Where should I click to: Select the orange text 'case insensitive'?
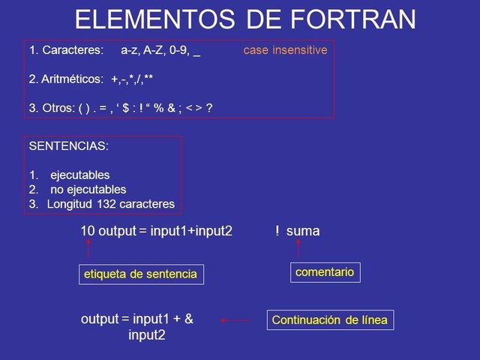(285, 50)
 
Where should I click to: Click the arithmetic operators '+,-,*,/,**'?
(132, 79)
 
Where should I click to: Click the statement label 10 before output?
(87, 231)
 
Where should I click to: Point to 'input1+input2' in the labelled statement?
(191, 231)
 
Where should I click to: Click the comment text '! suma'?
(297, 231)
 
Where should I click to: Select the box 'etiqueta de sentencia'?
(141, 274)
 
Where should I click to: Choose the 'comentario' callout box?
(325, 271)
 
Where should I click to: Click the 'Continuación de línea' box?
(330, 320)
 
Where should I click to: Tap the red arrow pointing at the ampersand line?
(236, 320)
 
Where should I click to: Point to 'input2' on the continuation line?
(147, 334)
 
